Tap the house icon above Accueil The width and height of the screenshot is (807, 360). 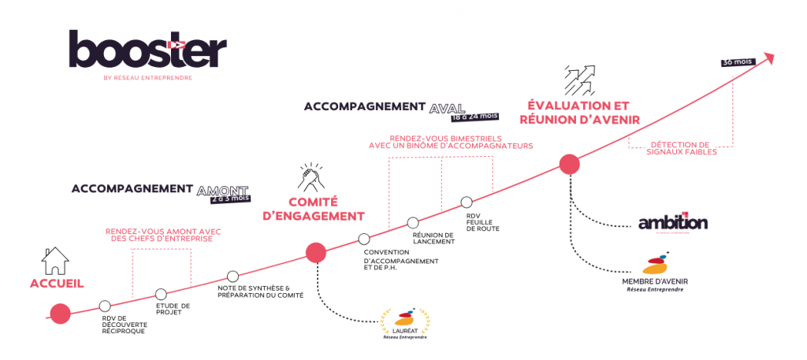[x=54, y=260]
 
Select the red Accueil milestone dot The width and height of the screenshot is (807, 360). [x=59, y=314]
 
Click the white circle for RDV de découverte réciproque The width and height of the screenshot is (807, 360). [x=106, y=306]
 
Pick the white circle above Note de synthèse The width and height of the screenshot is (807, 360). [x=232, y=276]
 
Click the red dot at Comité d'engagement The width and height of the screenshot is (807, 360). [x=315, y=252]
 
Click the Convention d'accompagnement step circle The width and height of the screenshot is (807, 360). [x=363, y=239]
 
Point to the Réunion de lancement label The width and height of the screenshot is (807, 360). [x=433, y=239]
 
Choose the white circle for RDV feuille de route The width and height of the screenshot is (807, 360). [x=467, y=202]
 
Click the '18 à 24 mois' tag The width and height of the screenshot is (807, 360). [x=475, y=116]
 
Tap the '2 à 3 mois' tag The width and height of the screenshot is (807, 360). [x=229, y=198]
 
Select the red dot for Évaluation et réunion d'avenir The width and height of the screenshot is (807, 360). [x=569, y=165]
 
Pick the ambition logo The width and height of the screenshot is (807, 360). [x=673, y=223]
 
